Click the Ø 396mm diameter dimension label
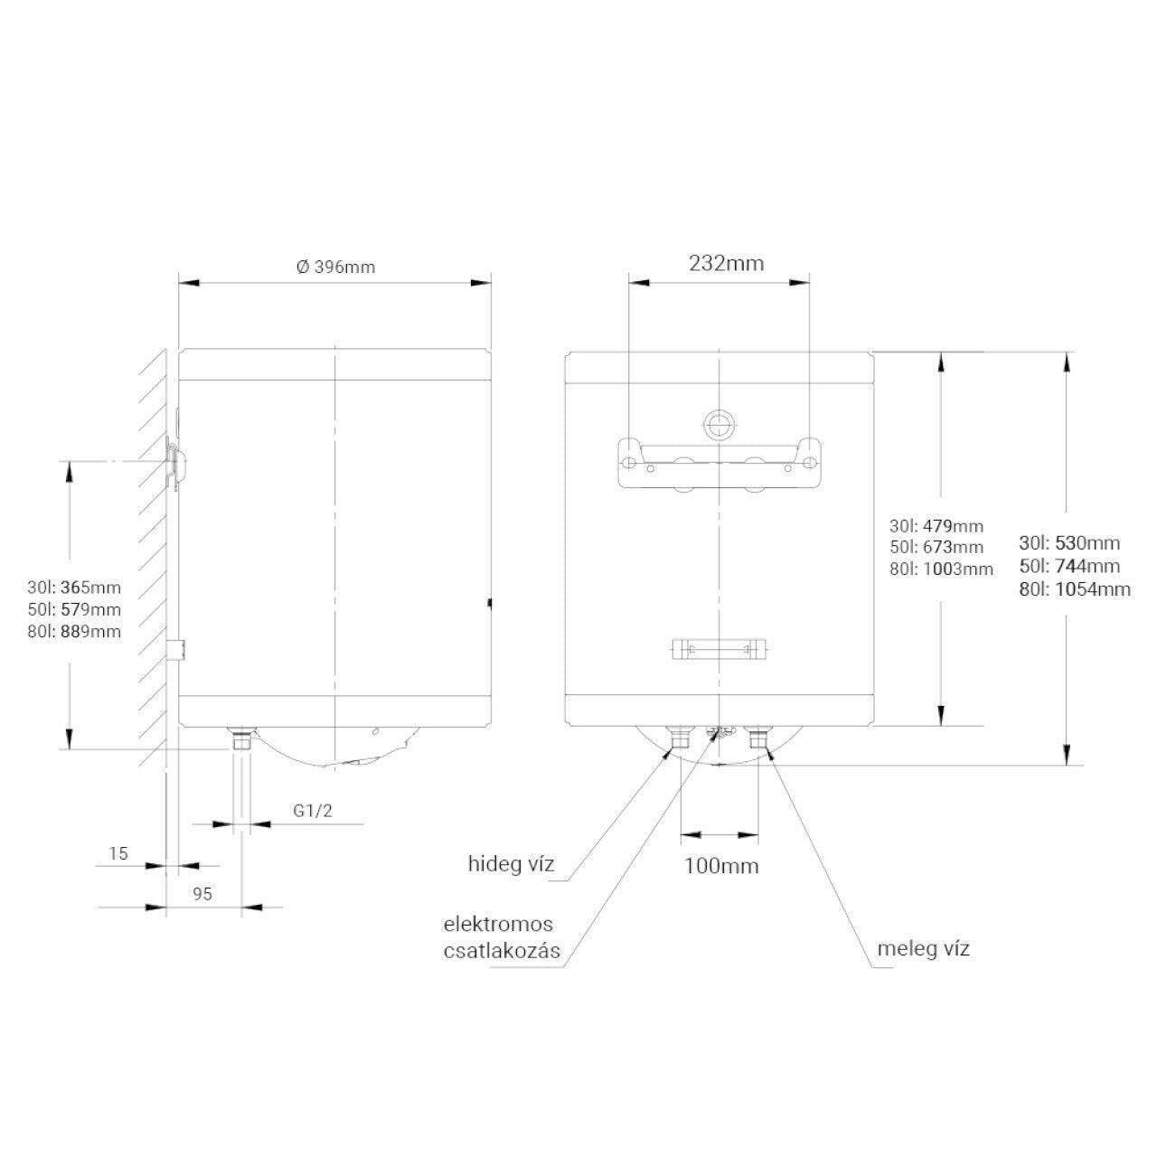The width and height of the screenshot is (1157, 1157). coord(335,267)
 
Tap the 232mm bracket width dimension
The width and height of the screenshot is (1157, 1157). coord(726,264)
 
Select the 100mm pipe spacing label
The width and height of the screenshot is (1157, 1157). coord(721,866)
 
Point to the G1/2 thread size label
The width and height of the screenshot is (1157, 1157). coord(312,811)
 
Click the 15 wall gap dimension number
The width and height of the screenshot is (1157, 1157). coord(118,853)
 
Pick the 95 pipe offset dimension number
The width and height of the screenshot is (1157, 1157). coord(202,894)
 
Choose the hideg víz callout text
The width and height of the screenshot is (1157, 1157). coord(511,864)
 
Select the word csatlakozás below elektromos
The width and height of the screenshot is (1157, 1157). coord(502,951)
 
